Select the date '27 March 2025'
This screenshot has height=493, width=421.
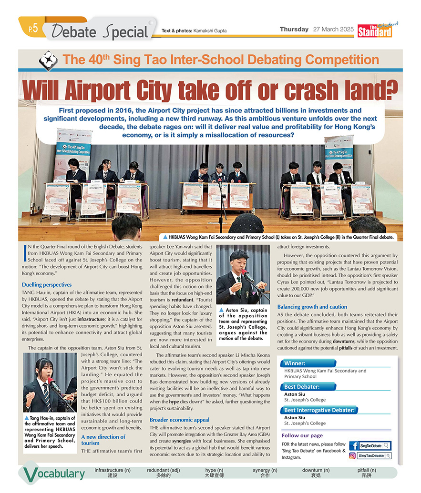point(333,30)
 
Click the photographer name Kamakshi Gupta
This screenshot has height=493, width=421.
point(210,31)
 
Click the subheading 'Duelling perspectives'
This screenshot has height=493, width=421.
point(47,284)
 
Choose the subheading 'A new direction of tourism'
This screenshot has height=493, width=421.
point(103,440)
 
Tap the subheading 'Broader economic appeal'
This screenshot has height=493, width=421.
point(179,420)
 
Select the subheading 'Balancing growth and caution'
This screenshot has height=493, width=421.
point(312,307)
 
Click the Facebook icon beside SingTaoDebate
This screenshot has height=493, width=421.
point(354,446)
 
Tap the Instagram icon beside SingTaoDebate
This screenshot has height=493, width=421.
point(353,455)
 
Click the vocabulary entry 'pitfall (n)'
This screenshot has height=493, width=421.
point(366,470)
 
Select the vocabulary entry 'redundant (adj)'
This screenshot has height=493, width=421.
point(164,470)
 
